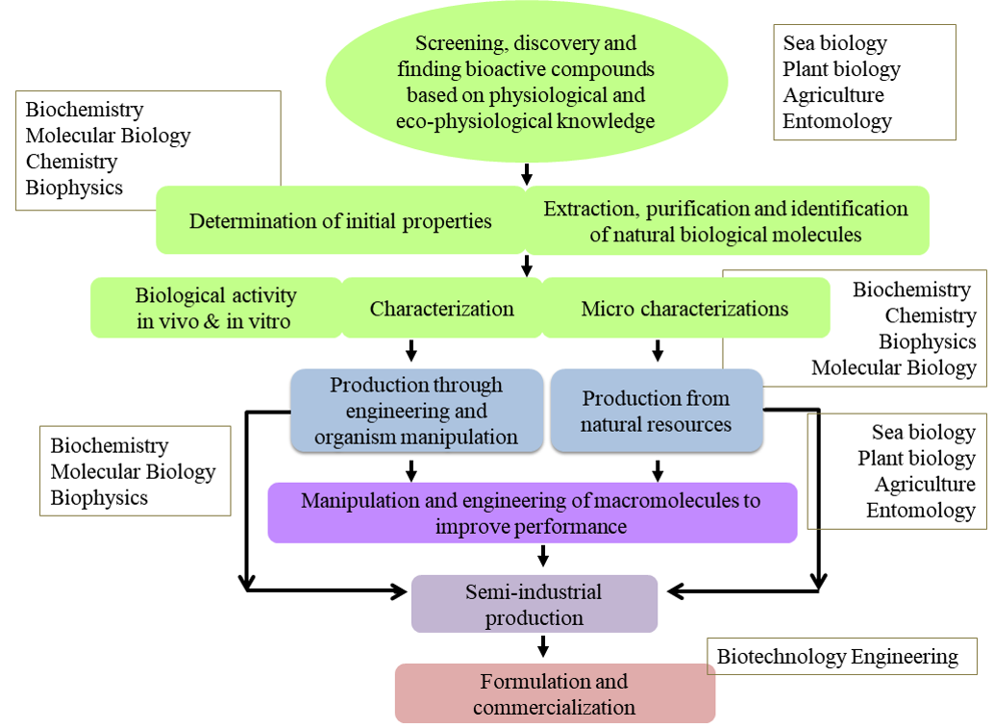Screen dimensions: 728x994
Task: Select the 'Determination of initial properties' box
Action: [340, 221]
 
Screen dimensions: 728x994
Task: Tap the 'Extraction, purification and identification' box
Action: [726, 221]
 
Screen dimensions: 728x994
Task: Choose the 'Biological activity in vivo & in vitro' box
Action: [215, 308]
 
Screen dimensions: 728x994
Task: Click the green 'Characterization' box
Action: [441, 309]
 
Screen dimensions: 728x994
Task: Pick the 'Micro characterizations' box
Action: [684, 309]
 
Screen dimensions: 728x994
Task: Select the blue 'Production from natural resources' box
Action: [657, 412]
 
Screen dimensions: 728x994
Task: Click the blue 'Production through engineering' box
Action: [416, 411]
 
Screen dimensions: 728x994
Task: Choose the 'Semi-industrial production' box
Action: [534, 604]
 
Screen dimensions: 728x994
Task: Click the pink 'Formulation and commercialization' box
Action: [555, 693]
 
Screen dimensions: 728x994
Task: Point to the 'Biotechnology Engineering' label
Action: [838, 657]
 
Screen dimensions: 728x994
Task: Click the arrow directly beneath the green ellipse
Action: [526, 174]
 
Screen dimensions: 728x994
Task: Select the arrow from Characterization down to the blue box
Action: [411, 350]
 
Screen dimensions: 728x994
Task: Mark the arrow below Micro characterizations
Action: [658, 350]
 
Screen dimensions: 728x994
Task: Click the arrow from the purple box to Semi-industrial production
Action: [543, 556]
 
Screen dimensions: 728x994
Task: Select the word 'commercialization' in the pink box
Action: [554, 707]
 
